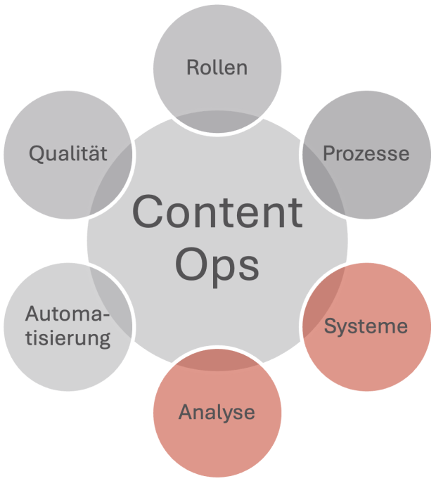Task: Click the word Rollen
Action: pyautogui.click(x=217, y=68)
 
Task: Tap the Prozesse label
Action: pyautogui.click(x=366, y=153)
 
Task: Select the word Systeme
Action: pyautogui.click(x=366, y=326)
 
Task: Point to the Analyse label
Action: pyautogui.click(x=217, y=412)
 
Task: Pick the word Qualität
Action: pyautogui.click(x=68, y=153)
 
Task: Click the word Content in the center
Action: pyautogui.click(x=217, y=212)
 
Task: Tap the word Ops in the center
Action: pyautogui.click(x=217, y=265)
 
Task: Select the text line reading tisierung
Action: pyautogui.click(x=68, y=338)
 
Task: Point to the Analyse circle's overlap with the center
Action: pyautogui.click(x=217, y=360)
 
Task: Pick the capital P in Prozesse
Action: pyautogui.click(x=328, y=153)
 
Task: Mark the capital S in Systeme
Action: pyautogui.click(x=329, y=326)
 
